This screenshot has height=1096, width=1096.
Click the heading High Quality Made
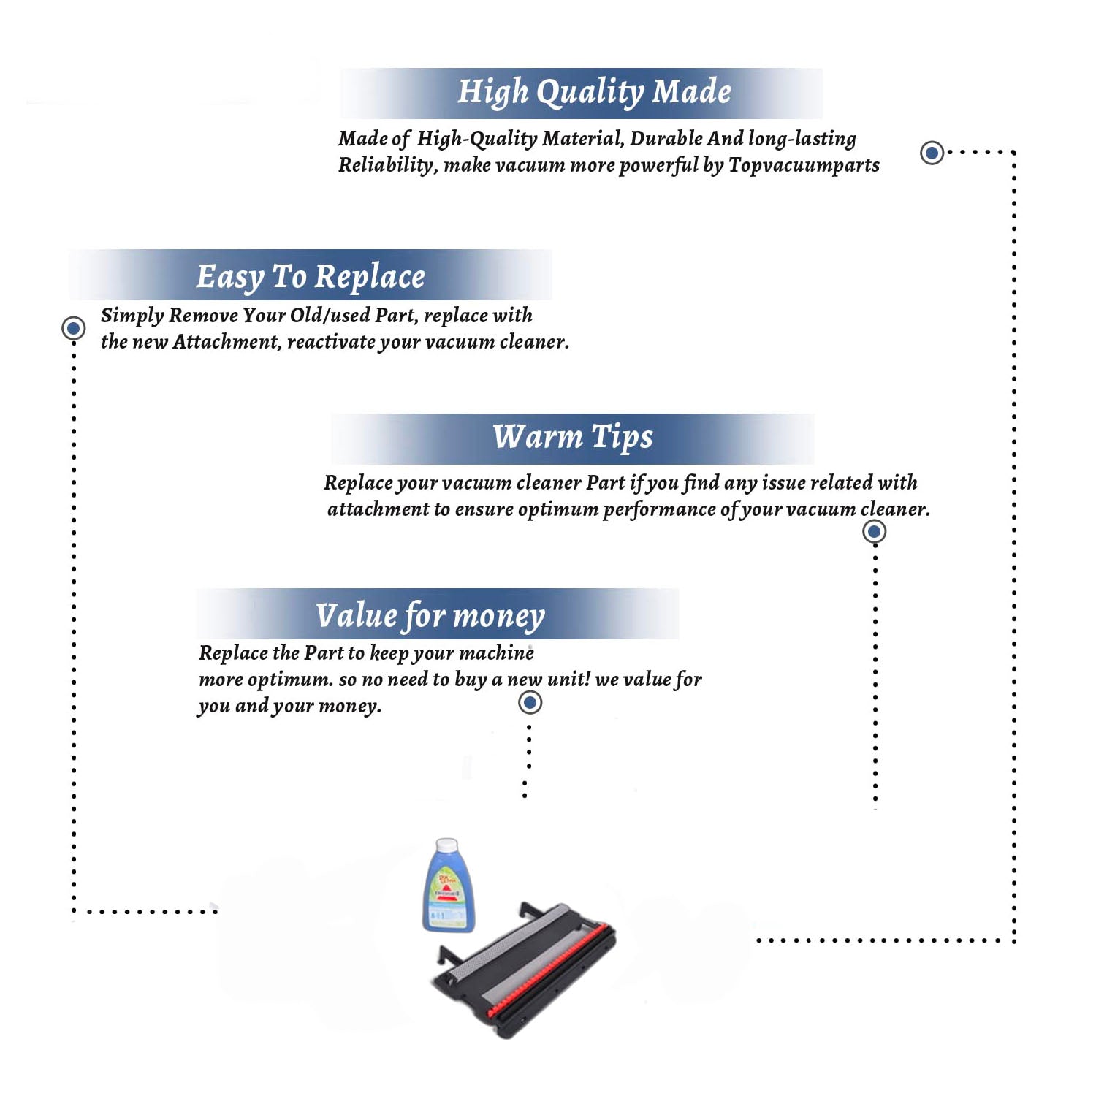click(x=594, y=93)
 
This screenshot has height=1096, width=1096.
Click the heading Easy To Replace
click(x=311, y=277)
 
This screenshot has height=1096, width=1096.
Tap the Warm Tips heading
click(x=573, y=438)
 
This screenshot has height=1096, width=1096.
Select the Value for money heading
click(x=430, y=616)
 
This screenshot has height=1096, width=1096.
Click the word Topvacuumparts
click(x=804, y=166)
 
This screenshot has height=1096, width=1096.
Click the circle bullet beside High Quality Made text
click(x=932, y=153)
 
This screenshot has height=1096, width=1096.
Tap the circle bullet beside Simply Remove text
click(x=73, y=328)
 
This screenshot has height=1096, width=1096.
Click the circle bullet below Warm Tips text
click(x=874, y=531)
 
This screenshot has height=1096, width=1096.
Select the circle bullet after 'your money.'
click(x=530, y=703)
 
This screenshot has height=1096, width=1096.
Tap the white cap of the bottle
click(x=446, y=846)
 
